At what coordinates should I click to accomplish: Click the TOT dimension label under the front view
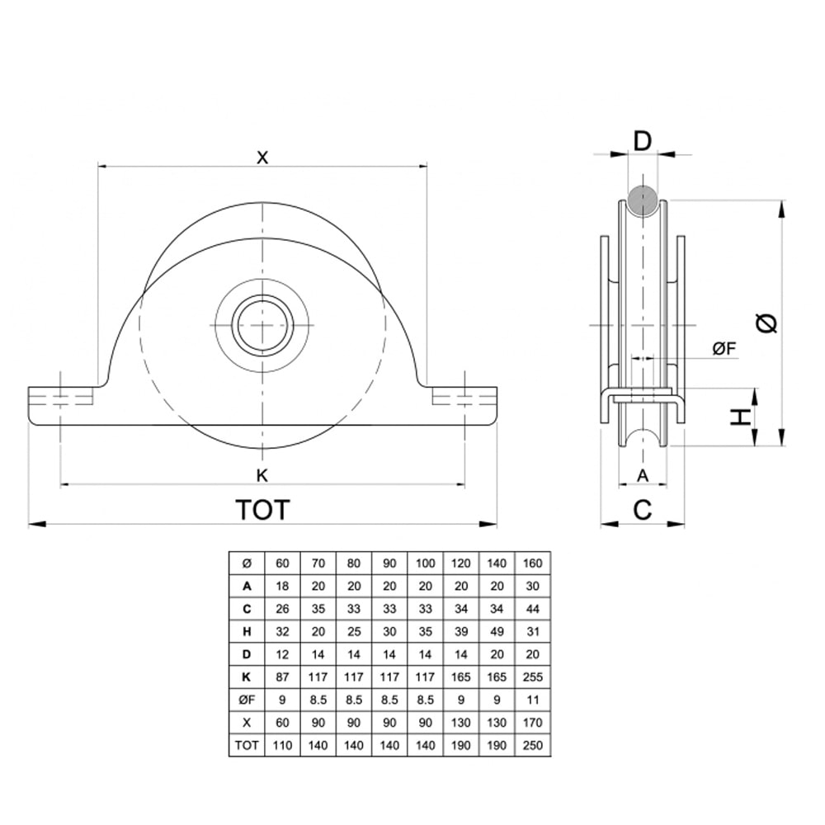point(262,509)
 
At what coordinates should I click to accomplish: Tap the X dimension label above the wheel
point(262,157)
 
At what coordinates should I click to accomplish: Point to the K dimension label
point(262,475)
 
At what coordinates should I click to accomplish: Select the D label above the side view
point(643,141)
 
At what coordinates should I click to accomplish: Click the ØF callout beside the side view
point(724,348)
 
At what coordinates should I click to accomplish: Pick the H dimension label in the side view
point(740,417)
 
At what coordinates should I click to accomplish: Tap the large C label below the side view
point(643,509)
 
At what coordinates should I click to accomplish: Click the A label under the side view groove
point(643,475)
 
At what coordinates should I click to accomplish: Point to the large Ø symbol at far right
point(766,323)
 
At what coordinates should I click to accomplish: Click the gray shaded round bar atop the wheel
point(643,200)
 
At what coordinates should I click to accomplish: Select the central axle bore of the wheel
point(262,325)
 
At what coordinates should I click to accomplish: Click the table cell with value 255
point(532,676)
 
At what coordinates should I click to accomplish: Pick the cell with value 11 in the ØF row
point(532,700)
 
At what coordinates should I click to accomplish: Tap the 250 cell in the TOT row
point(532,745)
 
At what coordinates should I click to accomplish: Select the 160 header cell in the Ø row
point(532,563)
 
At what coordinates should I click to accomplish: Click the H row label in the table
point(247,631)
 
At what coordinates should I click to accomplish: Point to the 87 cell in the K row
point(282,676)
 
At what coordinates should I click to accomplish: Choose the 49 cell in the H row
point(497,631)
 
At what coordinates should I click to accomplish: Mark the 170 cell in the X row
point(532,723)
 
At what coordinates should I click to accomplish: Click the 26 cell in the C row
point(282,609)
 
